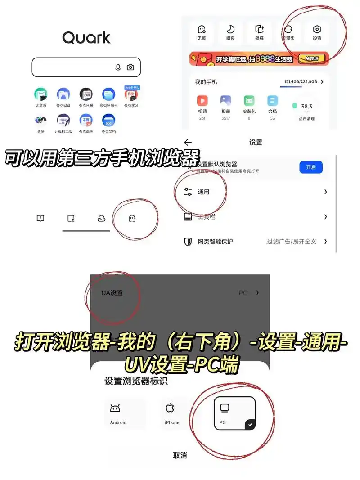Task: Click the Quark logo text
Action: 86,37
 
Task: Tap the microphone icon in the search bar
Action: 118,67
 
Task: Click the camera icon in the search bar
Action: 130,67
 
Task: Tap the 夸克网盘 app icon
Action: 63,94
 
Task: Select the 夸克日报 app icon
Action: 86,94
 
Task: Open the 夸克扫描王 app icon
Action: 108,94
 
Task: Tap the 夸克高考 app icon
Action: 86,120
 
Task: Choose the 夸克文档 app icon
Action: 108,120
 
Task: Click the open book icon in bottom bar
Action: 40,219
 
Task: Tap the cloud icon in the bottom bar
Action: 101,219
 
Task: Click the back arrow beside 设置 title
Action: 188,142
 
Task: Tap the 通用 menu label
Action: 203,192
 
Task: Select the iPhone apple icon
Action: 170,408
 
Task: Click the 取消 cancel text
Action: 180,455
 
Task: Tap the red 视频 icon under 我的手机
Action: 202,101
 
